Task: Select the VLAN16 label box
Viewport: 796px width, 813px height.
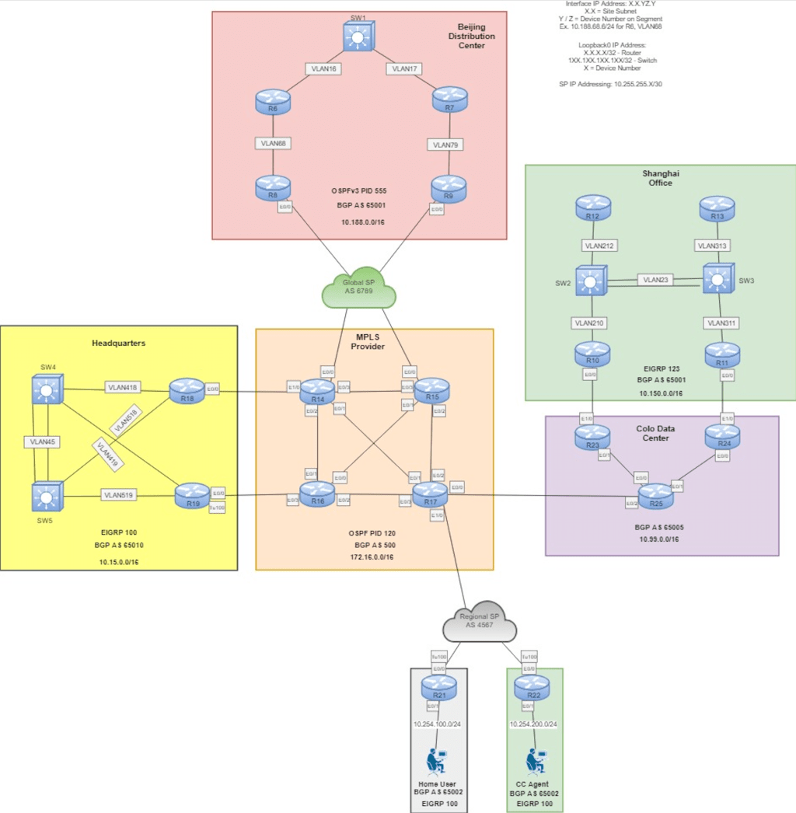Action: tap(324, 68)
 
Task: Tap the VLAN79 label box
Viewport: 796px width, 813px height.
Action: tap(445, 145)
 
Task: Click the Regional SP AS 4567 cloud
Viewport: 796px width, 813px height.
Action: tap(480, 621)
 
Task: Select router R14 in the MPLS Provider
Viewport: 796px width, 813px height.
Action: tap(317, 390)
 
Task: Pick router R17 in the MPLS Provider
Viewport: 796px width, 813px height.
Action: tap(430, 492)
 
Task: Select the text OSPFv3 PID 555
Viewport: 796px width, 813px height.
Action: tap(358, 190)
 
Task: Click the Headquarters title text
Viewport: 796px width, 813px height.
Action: tap(119, 343)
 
